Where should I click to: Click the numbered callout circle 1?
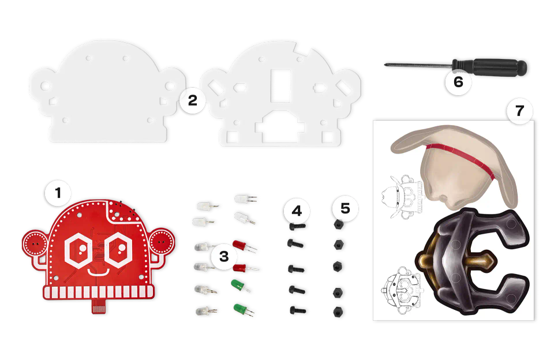(x=58, y=194)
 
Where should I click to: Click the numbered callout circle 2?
(x=193, y=102)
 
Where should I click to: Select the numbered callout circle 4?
(x=296, y=211)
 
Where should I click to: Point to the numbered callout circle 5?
(x=345, y=208)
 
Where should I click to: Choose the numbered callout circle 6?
(x=458, y=82)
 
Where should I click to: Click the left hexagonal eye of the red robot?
(x=77, y=249)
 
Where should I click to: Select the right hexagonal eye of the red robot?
(x=120, y=249)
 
